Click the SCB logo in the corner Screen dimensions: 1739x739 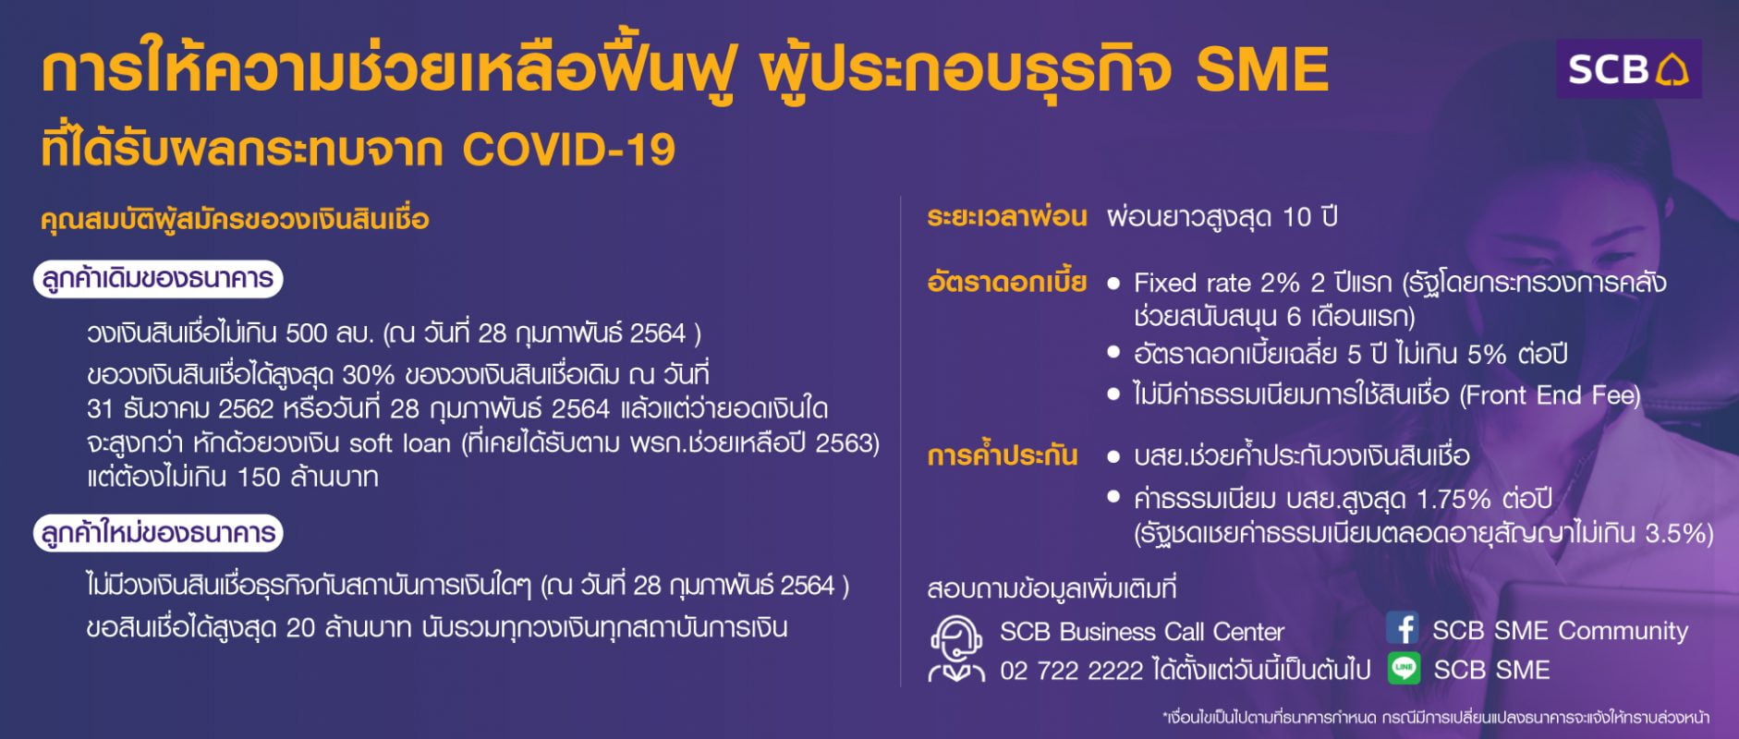(1628, 68)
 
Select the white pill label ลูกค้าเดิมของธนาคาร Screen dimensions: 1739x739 (158, 279)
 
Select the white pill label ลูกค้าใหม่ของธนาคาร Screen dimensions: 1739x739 (158, 533)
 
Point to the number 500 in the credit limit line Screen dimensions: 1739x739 (307, 333)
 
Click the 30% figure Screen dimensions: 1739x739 (368, 375)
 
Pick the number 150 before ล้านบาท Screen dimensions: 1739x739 (259, 478)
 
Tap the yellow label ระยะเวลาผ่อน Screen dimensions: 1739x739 (1007, 218)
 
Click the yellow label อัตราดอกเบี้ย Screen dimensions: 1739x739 (1007, 282)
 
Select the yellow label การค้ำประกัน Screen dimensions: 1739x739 (1003, 455)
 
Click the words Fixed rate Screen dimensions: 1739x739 (1192, 283)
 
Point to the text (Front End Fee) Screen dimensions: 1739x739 (1550, 396)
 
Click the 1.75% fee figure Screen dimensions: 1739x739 (1454, 500)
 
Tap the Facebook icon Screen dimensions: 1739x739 (1403, 629)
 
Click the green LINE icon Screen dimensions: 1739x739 (1404, 669)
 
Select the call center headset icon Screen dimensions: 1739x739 (956, 648)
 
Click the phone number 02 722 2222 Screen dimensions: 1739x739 (1072, 671)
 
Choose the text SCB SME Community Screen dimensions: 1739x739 (1560, 631)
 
